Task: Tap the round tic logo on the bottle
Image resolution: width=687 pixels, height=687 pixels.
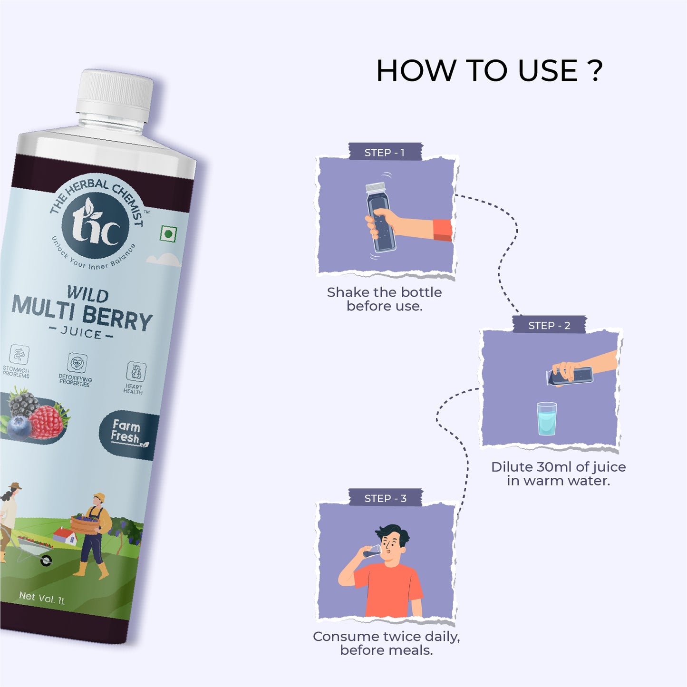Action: [95, 225]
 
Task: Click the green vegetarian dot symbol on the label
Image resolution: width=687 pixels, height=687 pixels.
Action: [168, 234]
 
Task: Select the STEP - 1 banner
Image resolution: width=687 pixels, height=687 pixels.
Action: [385, 153]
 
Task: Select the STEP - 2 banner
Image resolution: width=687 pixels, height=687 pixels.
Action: [550, 325]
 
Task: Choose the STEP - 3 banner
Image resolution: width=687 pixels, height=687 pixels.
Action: [386, 498]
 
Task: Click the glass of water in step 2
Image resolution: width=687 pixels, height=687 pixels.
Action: [547, 418]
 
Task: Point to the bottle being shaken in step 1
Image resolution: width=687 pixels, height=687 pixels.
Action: [380, 217]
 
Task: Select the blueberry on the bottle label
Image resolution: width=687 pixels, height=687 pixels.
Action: [19, 428]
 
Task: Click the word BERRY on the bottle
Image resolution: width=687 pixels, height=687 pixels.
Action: [117, 319]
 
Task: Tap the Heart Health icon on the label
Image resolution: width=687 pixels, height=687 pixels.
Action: [136, 371]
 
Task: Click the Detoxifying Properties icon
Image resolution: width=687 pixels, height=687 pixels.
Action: [77, 363]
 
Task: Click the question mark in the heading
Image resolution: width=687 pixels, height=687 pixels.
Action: [594, 70]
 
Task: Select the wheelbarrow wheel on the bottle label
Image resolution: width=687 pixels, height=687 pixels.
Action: [46, 561]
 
